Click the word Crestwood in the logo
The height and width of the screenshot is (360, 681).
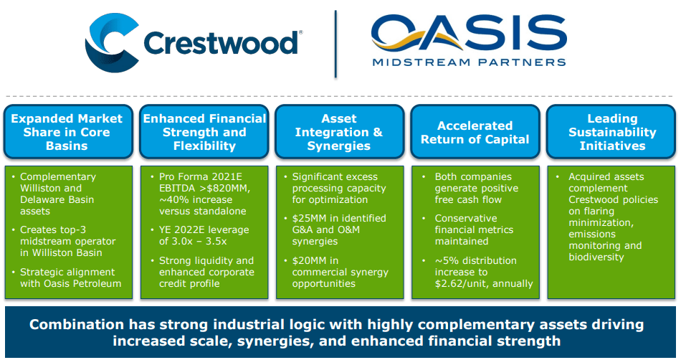pyautogui.click(x=220, y=43)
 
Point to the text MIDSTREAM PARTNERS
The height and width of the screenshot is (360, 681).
pyautogui.click(x=470, y=62)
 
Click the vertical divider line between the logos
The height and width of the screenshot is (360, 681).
pyautogui.click(x=335, y=43)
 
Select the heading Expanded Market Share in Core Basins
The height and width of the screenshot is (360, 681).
pyautogui.click(x=67, y=132)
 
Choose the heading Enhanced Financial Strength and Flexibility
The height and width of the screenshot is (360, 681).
pyautogui.click(x=204, y=132)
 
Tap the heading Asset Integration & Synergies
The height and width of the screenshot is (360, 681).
pyautogui.click(x=339, y=132)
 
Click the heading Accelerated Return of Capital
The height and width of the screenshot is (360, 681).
pyautogui.click(x=475, y=132)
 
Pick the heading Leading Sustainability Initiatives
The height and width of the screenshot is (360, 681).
pyautogui.click(x=612, y=132)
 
